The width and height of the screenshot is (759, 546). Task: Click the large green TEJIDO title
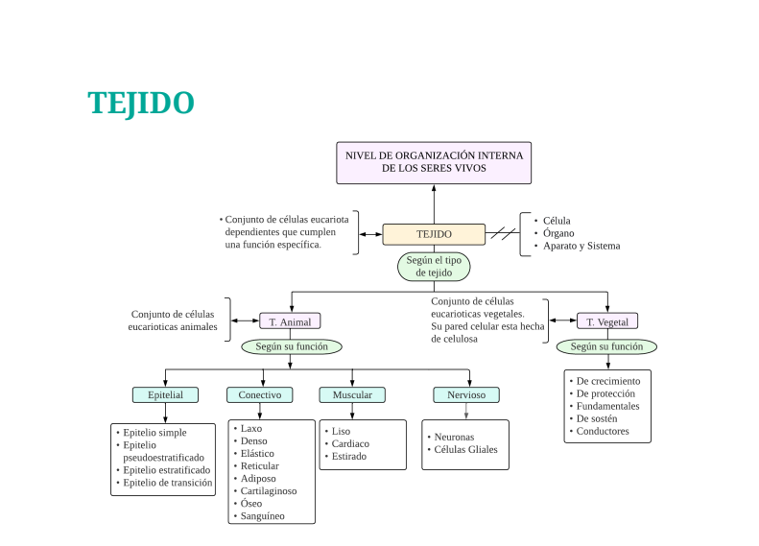141,103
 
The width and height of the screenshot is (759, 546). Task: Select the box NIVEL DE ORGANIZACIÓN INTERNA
434,161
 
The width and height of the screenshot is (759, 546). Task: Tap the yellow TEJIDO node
434,234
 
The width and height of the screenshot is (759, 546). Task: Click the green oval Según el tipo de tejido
434,266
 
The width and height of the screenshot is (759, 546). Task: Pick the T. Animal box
290,321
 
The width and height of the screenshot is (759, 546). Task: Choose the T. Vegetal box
607,321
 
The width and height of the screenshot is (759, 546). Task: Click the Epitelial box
165,394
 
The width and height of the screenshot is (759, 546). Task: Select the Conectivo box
260,394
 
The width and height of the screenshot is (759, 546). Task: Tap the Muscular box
352,394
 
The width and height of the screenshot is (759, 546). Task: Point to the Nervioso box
466,394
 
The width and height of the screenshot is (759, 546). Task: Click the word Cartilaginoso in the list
269,490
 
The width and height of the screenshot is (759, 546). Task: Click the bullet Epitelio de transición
167,483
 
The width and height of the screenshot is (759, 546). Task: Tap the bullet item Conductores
603,431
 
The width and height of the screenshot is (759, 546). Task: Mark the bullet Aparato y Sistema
581,246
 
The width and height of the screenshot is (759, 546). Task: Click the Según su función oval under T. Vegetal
607,346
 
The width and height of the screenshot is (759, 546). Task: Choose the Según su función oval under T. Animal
292,346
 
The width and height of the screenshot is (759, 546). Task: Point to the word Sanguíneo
263,515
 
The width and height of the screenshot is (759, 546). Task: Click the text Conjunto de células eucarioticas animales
173,320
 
